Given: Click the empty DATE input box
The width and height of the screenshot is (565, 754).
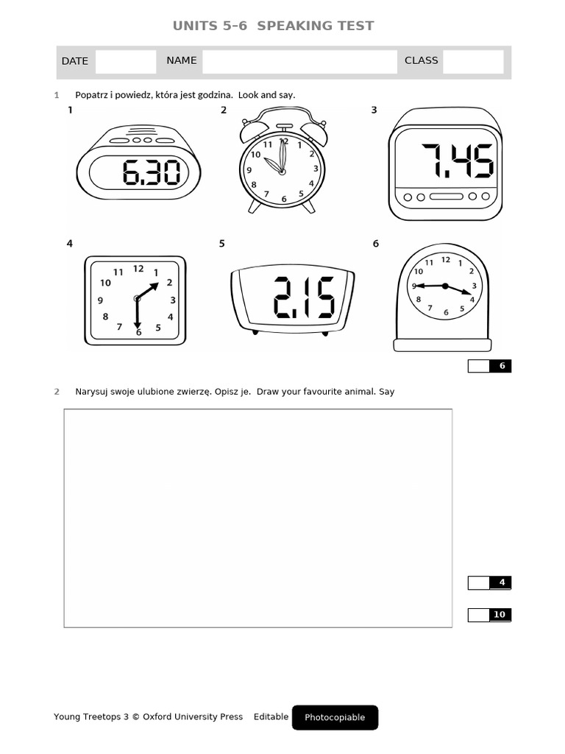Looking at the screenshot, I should (126, 62).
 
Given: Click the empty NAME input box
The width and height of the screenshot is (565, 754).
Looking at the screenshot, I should (299, 62).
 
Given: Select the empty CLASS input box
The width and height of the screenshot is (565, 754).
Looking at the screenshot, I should (473, 62).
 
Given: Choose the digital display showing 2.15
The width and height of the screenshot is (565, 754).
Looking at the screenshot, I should (293, 297).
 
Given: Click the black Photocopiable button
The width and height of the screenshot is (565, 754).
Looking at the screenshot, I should (335, 717).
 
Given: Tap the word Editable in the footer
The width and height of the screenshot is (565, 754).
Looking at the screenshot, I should (271, 716).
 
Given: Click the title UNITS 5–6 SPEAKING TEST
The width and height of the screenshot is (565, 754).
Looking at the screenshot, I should (273, 26).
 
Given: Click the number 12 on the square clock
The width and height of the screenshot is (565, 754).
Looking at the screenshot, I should (138, 269).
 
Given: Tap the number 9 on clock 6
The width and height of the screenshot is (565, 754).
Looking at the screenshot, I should (414, 286).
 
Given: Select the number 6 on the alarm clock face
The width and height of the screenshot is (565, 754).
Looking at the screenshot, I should (284, 199).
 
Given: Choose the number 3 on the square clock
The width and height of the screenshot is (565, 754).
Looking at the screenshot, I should (173, 300).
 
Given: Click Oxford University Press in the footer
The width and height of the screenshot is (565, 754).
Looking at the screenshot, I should (193, 716).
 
